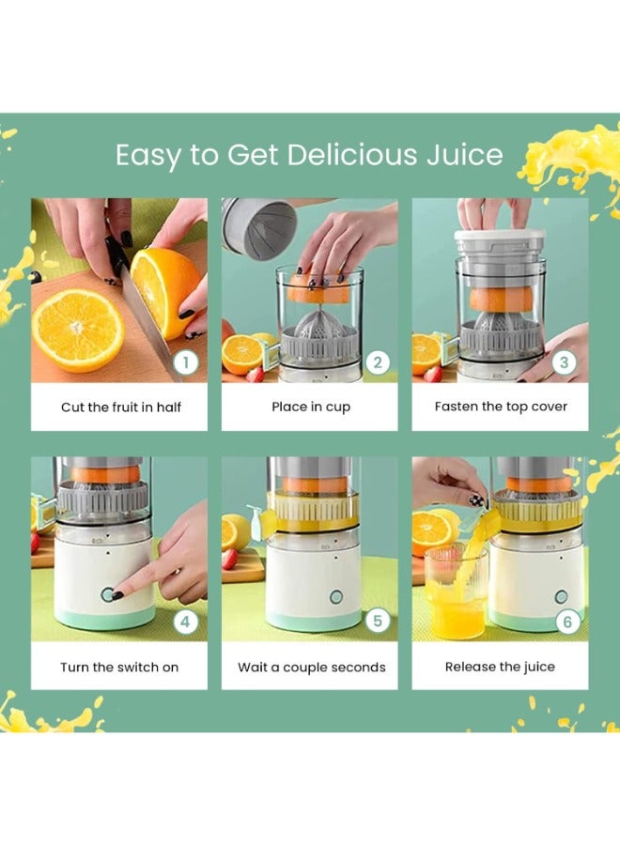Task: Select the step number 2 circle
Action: [377, 361]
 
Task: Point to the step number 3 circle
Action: [566, 361]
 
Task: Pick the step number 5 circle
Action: [377, 621]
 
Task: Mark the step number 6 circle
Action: [566, 621]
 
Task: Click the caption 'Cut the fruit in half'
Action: [121, 407]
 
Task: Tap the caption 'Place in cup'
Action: [309, 407]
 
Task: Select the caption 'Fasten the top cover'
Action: [500, 407]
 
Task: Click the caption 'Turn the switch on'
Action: [119, 667]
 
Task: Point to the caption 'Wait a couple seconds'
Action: [311, 667]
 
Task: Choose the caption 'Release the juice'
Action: [500, 667]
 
